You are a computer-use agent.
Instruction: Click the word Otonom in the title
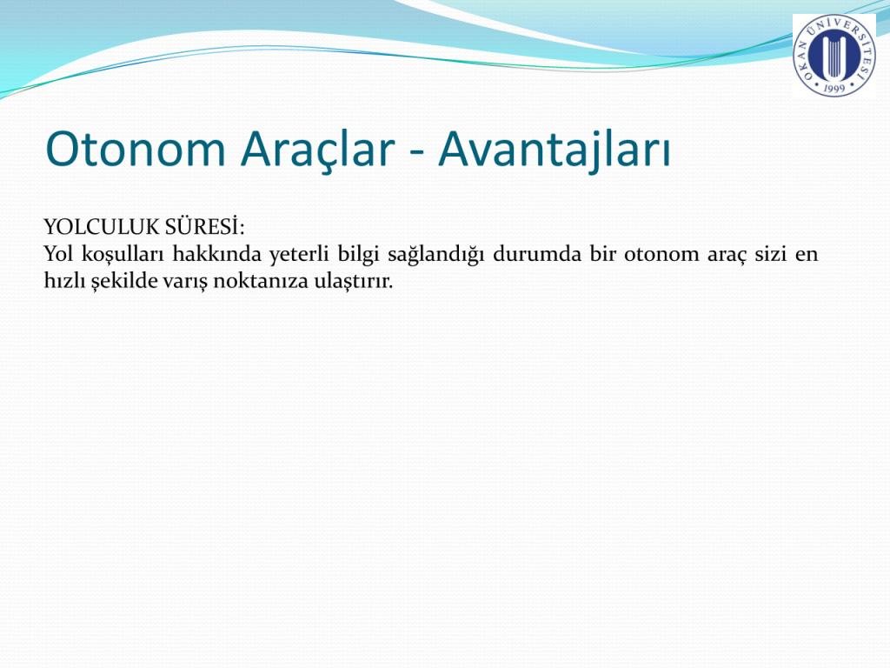(136, 149)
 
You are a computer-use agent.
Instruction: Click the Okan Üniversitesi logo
(834, 55)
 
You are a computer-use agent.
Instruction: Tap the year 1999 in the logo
(834, 87)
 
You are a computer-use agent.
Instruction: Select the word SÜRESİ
(205, 226)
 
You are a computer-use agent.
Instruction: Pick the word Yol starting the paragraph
(58, 253)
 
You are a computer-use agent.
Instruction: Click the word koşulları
(122, 255)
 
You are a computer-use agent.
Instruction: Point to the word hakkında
(216, 253)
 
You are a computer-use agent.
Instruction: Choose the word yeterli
(299, 255)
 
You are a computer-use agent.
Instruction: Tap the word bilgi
(358, 255)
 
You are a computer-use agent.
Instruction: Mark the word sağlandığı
(435, 255)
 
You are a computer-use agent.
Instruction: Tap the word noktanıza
(261, 281)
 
